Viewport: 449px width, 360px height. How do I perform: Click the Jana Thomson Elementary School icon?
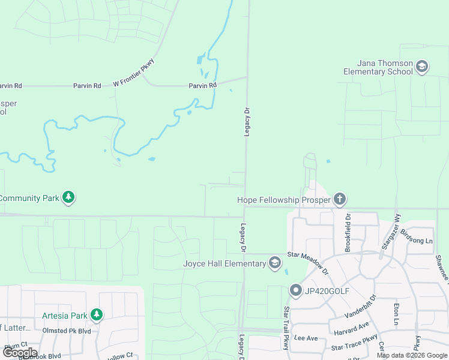point(422,66)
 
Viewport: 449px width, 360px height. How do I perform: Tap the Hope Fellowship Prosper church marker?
point(340,199)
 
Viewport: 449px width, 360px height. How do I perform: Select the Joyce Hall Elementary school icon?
point(275,263)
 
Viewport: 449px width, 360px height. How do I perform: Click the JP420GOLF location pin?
point(295,291)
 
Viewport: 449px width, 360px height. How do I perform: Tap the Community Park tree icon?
point(69,197)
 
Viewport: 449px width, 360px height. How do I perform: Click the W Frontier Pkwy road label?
point(134,73)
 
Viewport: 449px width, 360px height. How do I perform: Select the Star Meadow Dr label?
point(309,262)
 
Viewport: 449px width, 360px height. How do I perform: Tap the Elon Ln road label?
point(396,313)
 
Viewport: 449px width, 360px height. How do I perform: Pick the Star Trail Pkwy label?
point(286,327)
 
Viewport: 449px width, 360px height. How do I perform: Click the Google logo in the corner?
point(20,353)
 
